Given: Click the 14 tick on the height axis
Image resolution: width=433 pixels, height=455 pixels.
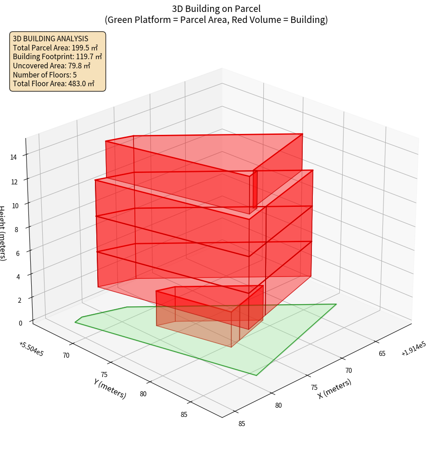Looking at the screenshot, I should [14, 157].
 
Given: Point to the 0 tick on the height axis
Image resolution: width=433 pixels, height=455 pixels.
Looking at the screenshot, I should [20, 322].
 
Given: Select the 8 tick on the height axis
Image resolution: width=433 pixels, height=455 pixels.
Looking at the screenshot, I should [17, 229].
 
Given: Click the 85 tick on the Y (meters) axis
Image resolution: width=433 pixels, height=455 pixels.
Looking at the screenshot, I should [183, 415].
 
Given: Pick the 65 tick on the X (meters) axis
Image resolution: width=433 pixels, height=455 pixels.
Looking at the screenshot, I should [382, 353].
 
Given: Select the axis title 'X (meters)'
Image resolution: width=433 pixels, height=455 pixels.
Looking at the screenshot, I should [335, 388].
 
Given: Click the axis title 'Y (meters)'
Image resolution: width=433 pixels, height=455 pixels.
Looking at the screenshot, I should [110, 388].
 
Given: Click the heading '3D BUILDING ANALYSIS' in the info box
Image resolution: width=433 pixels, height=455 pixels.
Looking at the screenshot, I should [50, 39].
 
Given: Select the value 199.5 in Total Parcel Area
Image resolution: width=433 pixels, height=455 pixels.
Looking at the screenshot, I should [81, 48].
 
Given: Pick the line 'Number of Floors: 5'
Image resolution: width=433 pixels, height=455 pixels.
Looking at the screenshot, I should [44, 74].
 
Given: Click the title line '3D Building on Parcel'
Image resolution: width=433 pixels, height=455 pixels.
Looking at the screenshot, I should [216, 8].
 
